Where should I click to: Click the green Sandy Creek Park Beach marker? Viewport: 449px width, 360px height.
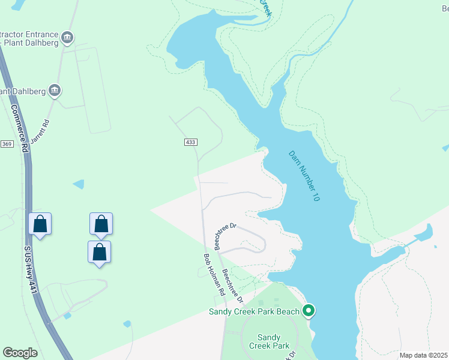(309, 310)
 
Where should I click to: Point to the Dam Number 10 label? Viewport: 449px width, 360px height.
(304, 175)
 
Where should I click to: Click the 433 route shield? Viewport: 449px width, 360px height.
(190, 142)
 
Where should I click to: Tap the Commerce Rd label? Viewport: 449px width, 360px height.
(20, 128)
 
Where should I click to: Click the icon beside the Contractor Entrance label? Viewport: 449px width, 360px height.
(67, 38)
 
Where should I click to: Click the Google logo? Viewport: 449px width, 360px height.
(20, 353)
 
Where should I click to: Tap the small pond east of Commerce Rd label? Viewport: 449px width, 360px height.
(78, 184)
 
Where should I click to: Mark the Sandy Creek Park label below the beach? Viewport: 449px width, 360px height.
(273, 341)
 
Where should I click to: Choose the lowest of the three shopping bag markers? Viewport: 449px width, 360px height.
(100, 253)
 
